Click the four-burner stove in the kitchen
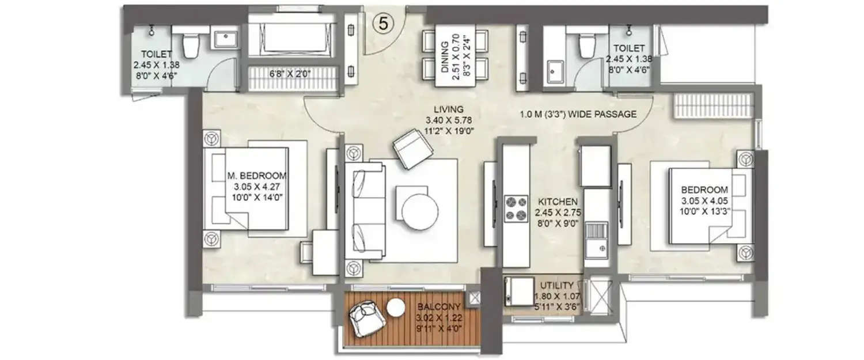[517, 209]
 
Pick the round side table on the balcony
[396, 309]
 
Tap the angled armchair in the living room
[413, 149]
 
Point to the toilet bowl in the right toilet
[586, 44]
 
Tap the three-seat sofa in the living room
[365, 212]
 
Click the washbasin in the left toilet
[223, 39]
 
